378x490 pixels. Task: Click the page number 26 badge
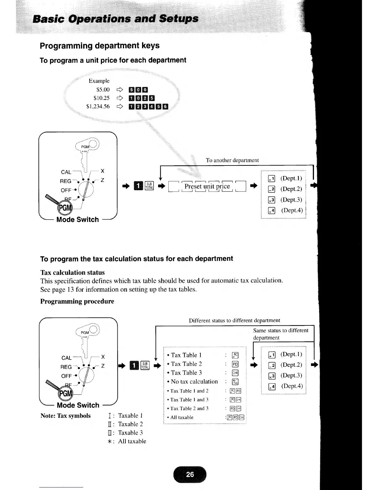click(x=190, y=474)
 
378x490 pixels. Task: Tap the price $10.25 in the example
click(x=101, y=98)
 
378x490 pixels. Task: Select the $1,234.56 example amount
click(x=98, y=106)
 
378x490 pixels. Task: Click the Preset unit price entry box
click(x=207, y=186)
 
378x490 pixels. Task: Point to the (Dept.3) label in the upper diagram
click(x=291, y=200)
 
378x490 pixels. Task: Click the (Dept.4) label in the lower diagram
click(x=292, y=386)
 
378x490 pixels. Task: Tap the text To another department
click(x=232, y=160)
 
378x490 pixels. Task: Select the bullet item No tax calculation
click(x=194, y=382)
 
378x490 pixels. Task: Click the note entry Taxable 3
click(x=130, y=433)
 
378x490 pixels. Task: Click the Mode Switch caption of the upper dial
click(x=78, y=220)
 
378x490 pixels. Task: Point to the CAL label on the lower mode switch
click(x=66, y=358)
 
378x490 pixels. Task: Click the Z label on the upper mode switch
click(x=103, y=180)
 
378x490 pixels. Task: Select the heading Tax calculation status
click(x=73, y=273)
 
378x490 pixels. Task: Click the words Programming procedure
click(x=77, y=301)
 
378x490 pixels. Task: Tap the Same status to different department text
click(x=280, y=334)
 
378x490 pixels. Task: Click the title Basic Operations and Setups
click(x=116, y=19)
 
